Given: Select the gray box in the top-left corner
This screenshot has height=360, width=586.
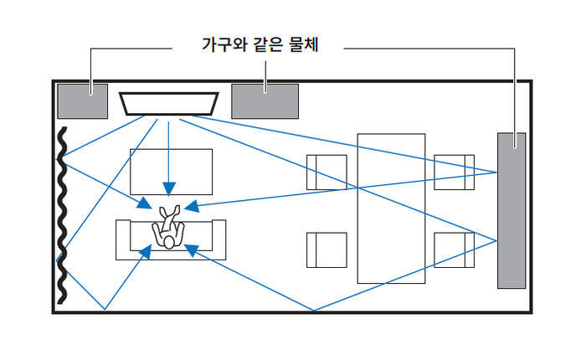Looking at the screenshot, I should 82,100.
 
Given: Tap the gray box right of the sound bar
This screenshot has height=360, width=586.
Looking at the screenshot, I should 265,100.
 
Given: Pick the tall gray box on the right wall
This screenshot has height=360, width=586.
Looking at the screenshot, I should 511,209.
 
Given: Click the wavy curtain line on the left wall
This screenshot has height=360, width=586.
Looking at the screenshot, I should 61,218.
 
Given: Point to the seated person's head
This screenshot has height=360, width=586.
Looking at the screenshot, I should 168,242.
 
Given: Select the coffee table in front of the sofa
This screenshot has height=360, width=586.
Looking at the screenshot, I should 171,172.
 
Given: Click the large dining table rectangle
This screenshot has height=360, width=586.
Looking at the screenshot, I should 391,208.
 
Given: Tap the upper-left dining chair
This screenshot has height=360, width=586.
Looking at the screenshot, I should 326,172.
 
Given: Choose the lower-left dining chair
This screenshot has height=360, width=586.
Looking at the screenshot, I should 326,249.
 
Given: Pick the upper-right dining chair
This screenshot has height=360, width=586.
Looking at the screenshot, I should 455,172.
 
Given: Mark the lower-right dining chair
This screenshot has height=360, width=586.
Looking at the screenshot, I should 455,249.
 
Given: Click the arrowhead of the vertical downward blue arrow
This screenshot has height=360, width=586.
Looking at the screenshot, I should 168,188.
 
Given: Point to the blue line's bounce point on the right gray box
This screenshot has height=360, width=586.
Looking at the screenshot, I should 497,172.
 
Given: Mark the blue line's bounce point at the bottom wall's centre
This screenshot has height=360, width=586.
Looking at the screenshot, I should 313,311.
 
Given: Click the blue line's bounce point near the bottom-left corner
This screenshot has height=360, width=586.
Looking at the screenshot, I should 105,310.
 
